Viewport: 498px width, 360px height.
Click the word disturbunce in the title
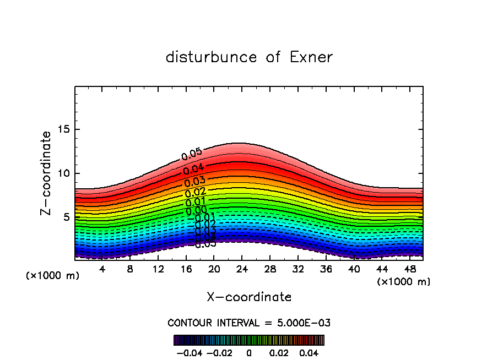[x=212, y=57]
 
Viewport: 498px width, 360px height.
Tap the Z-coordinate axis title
[x=46, y=173]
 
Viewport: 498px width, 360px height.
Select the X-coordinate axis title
[x=249, y=297]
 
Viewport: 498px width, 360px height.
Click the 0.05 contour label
[x=192, y=155]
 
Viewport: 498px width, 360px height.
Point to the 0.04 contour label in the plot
[x=193, y=170]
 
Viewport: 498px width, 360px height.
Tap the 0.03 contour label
[x=194, y=182]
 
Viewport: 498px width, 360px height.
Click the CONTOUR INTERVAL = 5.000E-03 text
[x=249, y=323]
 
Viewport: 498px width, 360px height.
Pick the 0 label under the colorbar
[x=249, y=352]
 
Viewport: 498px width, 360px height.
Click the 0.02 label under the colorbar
[x=279, y=352]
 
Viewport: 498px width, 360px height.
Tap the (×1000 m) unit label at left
[x=53, y=276]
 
